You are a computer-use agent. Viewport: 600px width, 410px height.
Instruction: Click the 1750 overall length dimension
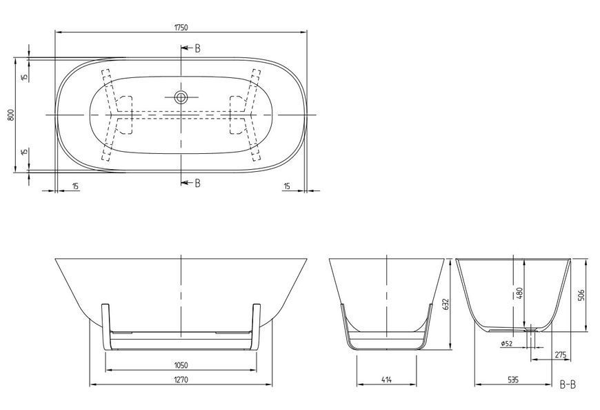181,27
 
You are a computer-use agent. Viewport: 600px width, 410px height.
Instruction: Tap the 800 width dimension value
11,115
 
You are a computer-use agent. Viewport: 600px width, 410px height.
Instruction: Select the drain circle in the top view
181,97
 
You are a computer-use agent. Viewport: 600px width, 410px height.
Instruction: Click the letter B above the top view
197,48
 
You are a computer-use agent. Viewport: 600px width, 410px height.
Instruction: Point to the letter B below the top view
197,183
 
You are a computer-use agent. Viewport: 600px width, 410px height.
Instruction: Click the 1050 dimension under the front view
181,365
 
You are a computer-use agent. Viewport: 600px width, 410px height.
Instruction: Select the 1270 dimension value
181,380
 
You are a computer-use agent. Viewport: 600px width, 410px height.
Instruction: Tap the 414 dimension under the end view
386,380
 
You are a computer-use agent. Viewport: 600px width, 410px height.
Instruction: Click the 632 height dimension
445,304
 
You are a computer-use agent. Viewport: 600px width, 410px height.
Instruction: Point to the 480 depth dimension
519,293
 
